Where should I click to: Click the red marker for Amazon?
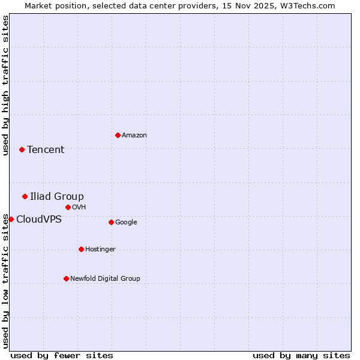tap(118, 135)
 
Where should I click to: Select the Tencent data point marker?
tap(22, 149)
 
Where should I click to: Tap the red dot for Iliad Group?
tap(25, 196)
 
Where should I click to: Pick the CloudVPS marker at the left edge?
tap(11, 219)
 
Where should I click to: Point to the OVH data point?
tap(68, 207)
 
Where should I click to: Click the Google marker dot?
tap(111, 222)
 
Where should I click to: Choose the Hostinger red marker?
tap(81, 249)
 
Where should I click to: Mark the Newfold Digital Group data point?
tap(66, 278)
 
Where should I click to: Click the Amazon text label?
tap(134, 136)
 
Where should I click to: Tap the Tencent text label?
tap(46, 150)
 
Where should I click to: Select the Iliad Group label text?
tap(57, 197)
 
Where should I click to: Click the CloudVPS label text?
tap(39, 220)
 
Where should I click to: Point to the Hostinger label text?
tap(100, 250)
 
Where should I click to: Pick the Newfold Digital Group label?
tap(105, 279)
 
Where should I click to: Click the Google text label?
tap(126, 223)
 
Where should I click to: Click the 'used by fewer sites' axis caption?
tap(62, 355)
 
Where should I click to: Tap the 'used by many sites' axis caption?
tap(301, 355)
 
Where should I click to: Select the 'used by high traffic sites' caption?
tap(5, 85)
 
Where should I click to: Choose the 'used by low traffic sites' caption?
tap(5, 281)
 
